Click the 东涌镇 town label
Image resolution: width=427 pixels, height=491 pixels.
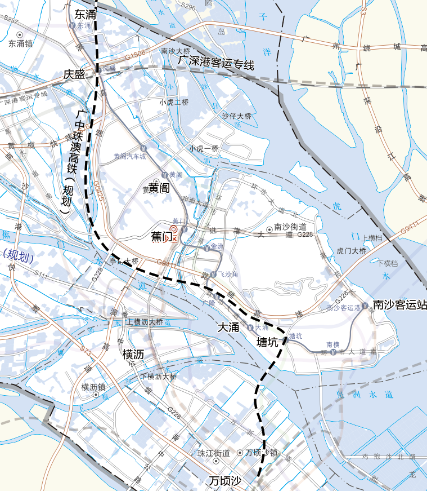coord(20,43)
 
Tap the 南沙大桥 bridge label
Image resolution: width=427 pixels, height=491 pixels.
coord(176,51)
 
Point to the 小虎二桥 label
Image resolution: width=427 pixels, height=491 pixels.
coord(174,103)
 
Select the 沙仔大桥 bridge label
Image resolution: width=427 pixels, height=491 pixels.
coord(236,116)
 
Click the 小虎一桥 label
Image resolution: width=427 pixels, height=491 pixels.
coord(203,148)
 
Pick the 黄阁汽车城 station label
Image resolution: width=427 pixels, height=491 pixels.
coord(129,156)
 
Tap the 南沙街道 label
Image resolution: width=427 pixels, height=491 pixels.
coord(290,227)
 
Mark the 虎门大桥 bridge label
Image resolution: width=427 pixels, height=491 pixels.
coord(351,250)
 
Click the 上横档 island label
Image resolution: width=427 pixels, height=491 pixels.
coord(372,238)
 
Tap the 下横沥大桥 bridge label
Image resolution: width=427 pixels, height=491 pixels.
coord(159,377)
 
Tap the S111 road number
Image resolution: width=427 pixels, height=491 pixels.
coord(41,274)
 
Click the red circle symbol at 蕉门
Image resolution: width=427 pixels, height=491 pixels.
coord(173,229)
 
